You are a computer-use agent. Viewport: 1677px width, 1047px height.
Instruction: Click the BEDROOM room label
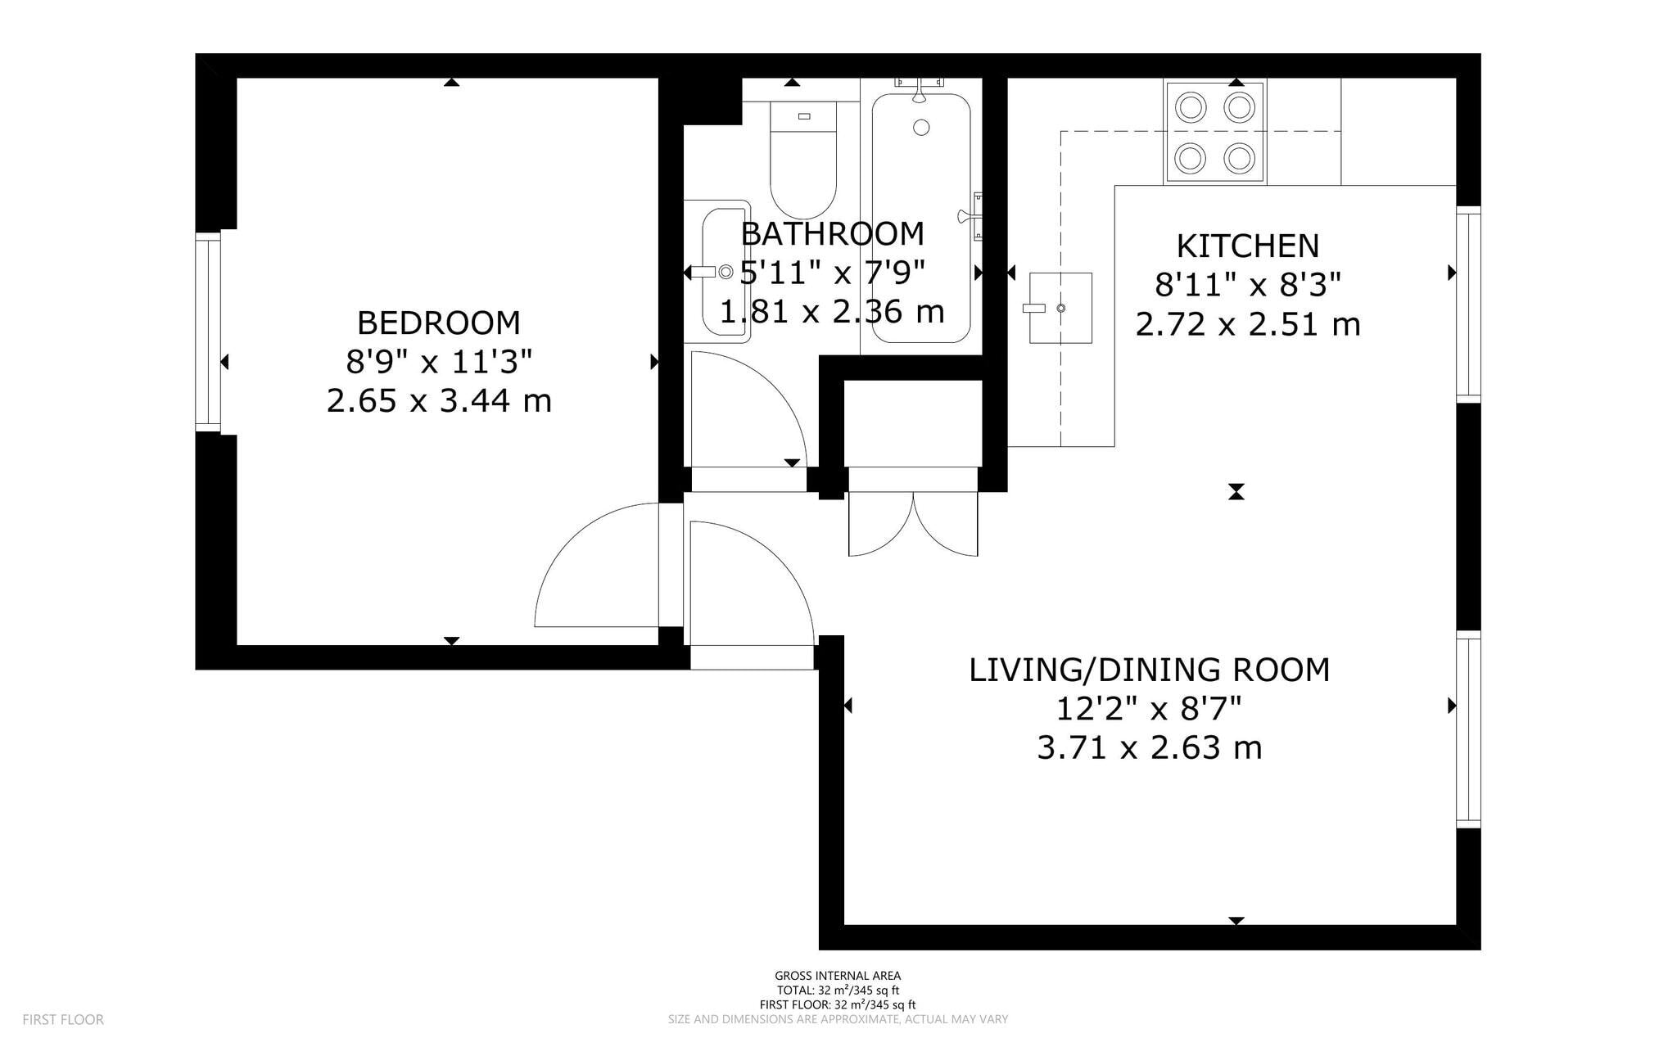click(x=439, y=323)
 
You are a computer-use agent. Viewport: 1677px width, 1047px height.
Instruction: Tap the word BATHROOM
click(x=833, y=234)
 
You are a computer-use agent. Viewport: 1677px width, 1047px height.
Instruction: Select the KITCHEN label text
click(x=1248, y=246)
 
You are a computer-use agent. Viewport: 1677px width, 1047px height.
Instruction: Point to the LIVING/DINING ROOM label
click(x=1150, y=670)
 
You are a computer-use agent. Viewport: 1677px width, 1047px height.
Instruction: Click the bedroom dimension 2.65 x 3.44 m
click(x=439, y=401)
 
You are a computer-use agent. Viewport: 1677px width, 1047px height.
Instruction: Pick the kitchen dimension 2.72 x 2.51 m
click(x=1248, y=325)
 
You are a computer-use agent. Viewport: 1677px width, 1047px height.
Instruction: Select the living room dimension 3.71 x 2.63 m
click(x=1150, y=748)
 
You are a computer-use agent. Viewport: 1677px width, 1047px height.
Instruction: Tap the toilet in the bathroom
click(x=803, y=160)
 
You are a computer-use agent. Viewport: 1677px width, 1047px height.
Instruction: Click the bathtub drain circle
click(x=921, y=128)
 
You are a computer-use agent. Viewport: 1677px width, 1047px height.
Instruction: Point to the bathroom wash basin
click(x=717, y=272)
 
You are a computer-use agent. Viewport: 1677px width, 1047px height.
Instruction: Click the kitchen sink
click(x=1060, y=308)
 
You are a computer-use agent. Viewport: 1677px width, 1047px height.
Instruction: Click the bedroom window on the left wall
click(x=208, y=332)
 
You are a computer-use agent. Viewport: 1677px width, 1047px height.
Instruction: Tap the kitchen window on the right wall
click(x=1469, y=304)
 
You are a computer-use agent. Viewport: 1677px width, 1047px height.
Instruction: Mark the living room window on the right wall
click(x=1469, y=729)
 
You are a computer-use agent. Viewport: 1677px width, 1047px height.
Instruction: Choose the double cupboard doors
click(x=913, y=524)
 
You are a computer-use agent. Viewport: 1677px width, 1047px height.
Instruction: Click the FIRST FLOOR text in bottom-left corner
click(x=63, y=1020)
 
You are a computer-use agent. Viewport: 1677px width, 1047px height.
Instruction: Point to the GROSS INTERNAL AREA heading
click(x=838, y=976)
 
